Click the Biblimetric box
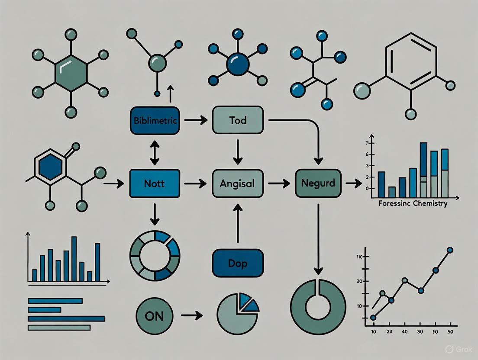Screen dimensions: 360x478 pyautogui.click(x=154, y=120)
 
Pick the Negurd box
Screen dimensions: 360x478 pyautogui.click(x=318, y=183)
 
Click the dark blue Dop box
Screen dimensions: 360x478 pyautogui.click(x=237, y=263)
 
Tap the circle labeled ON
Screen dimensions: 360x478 pyautogui.click(x=154, y=316)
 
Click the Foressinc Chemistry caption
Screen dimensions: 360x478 pyautogui.click(x=412, y=203)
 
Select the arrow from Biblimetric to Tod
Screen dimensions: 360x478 pyautogui.click(x=195, y=120)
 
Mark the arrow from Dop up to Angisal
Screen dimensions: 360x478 pyautogui.click(x=237, y=223)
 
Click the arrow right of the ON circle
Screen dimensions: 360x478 pyautogui.click(x=192, y=316)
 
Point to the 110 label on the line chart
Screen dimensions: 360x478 pyautogui.click(x=360, y=257)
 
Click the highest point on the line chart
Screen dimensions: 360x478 pyautogui.click(x=450, y=250)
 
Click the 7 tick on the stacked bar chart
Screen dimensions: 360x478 pyautogui.click(x=367, y=143)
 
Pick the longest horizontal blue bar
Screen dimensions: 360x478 pyautogui.click(x=66, y=318)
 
